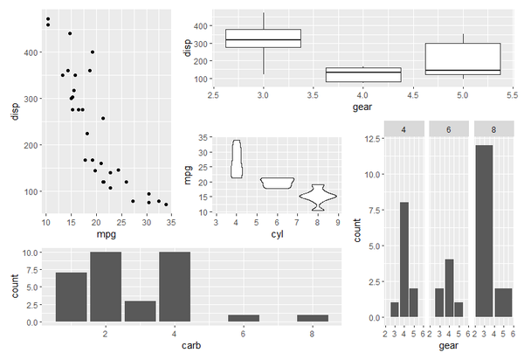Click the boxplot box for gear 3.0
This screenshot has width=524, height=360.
263,38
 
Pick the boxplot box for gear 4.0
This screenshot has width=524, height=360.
362,75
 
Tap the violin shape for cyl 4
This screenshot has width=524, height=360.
236,159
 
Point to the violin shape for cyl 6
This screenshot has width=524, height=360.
277,183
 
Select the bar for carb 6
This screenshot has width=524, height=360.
245,318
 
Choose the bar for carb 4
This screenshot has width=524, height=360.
175,287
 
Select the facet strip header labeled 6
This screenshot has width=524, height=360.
448,129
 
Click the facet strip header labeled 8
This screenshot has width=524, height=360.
493,129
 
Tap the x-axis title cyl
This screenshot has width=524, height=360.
277,235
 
